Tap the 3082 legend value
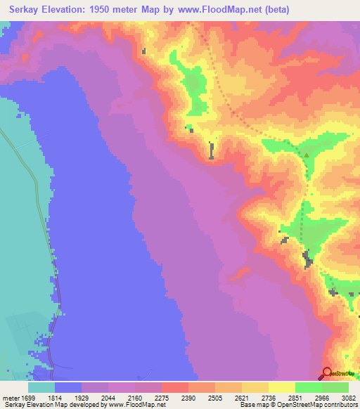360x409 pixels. pos(340,397)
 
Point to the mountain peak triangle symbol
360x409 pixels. pos(306,156)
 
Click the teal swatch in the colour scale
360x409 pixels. pos(41,387)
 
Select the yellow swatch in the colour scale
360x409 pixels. pos(281,387)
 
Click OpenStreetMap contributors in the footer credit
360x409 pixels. pos(309,405)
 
